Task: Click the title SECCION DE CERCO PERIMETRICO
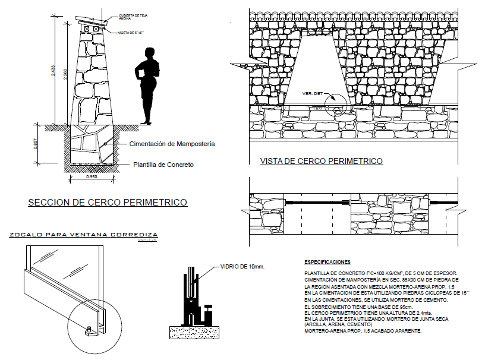click(108, 203)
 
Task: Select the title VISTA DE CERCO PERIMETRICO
click(321, 161)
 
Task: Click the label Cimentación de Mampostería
click(172, 144)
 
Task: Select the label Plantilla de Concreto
click(163, 165)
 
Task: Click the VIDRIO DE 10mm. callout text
click(242, 267)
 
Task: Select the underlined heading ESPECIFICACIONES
click(327, 261)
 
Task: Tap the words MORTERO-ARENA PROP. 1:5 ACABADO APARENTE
click(362, 330)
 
